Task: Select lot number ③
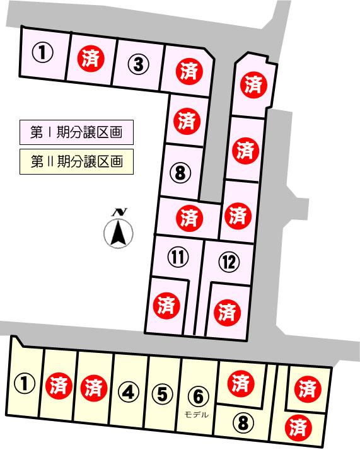(x=140, y=63)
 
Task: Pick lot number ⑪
(x=178, y=257)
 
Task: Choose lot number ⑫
(x=228, y=262)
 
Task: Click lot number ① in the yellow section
(x=24, y=383)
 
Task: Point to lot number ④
(x=129, y=393)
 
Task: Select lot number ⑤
(x=163, y=393)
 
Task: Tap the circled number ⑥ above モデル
(x=197, y=396)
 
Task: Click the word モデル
(x=197, y=414)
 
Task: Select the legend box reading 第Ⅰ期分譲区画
(x=76, y=133)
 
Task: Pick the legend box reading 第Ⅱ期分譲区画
(x=76, y=161)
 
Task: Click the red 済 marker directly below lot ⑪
(x=166, y=306)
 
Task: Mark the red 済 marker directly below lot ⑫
(x=226, y=311)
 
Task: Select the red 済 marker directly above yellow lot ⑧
(x=238, y=383)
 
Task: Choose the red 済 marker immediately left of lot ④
(x=93, y=384)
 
